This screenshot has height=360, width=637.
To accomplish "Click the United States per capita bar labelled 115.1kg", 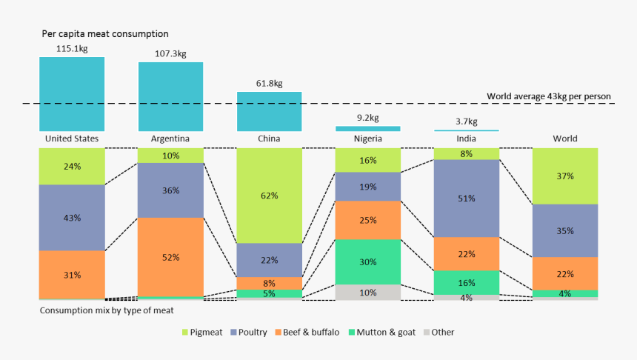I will (x=72, y=94).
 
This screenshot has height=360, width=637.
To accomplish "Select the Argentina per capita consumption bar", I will (x=170, y=96).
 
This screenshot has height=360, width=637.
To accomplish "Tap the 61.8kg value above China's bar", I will (x=270, y=84).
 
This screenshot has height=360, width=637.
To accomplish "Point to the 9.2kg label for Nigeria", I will (x=367, y=118).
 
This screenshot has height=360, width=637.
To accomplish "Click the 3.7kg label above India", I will (x=466, y=121).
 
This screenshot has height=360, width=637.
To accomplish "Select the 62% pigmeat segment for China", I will (x=270, y=196).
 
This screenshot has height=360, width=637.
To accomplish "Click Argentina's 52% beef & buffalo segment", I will (x=170, y=256).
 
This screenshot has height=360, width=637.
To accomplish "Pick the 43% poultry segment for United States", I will (x=72, y=218).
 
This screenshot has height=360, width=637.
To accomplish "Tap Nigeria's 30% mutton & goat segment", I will (x=367, y=261).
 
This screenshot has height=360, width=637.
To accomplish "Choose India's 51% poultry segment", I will (x=466, y=199).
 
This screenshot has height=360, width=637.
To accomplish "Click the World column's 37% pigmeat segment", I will (x=565, y=176).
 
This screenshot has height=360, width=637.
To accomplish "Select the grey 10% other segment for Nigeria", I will (x=367, y=292).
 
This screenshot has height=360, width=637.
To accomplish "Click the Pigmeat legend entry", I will (x=202, y=333).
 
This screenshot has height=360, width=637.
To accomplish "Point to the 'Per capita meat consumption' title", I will (x=104, y=34).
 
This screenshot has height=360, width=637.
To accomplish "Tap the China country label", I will (x=270, y=139).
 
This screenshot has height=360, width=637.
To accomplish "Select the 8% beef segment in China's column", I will (x=270, y=283).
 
